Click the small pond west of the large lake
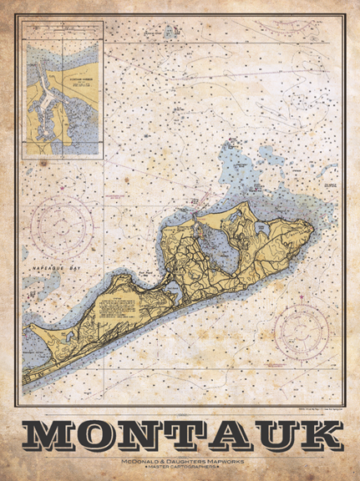coord(165,288)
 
